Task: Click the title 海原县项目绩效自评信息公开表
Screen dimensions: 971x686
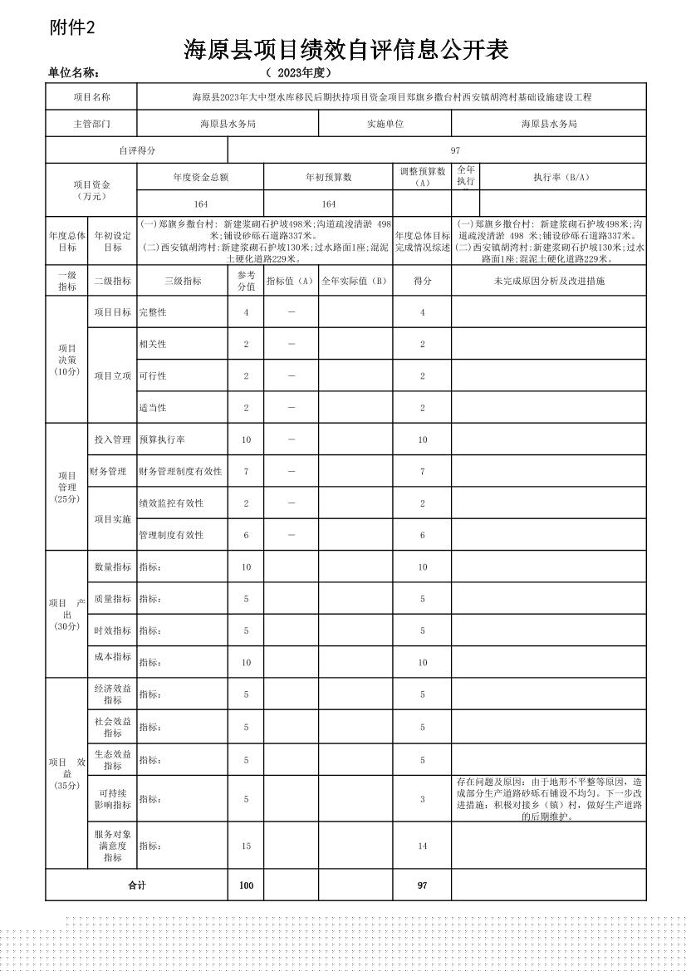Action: point(345,51)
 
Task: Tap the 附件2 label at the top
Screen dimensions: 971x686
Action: point(73,27)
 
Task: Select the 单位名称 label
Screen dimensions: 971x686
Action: point(75,73)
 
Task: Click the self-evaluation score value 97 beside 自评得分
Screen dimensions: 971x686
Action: point(455,150)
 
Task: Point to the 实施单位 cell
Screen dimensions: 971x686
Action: point(385,124)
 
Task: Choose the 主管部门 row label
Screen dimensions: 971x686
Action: point(91,124)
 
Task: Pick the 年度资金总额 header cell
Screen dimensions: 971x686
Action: point(200,177)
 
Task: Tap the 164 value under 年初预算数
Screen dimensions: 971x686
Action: point(328,204)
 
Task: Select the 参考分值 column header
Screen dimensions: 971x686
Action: point(246,280)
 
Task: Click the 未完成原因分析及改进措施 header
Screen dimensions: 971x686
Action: point(549,281)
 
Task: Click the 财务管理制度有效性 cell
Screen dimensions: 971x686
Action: point(181,471)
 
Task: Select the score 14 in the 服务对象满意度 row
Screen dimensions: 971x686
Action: point(422,846)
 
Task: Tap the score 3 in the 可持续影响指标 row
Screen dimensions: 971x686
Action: point(422,799)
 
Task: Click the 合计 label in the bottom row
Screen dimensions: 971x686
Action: point(136,885)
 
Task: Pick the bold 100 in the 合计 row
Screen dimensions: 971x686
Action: point(246,885)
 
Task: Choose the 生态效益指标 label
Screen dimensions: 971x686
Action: point(112,759)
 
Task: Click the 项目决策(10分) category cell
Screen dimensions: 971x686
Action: point(66,360)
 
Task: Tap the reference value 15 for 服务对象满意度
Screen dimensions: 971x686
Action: point(246,846)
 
